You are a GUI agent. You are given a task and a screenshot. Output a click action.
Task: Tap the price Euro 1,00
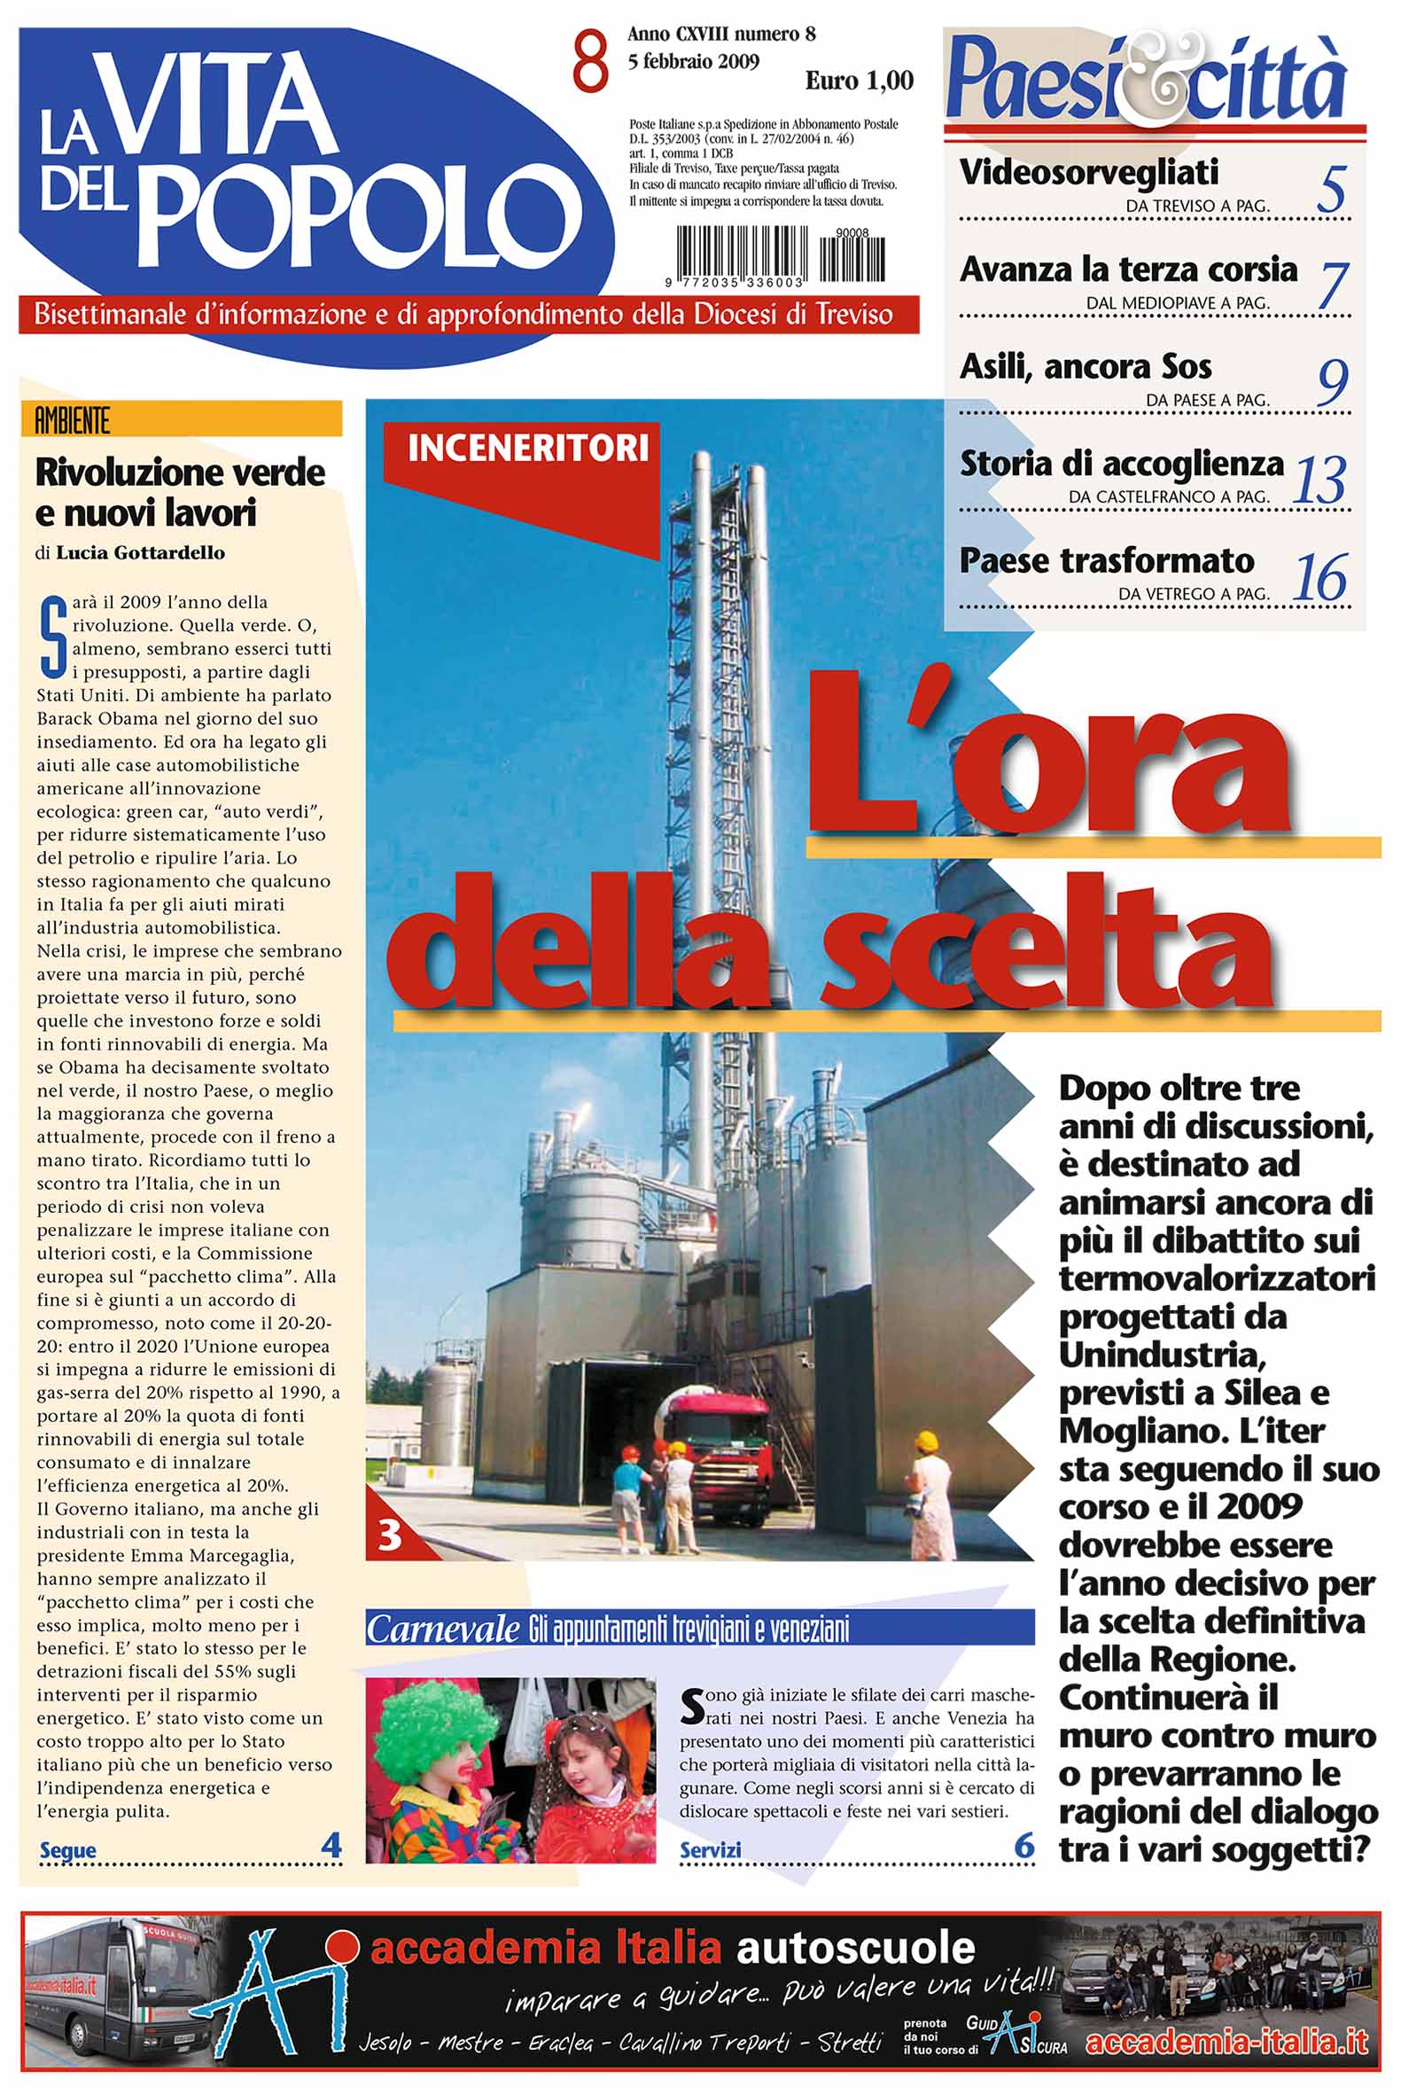pos(859,82)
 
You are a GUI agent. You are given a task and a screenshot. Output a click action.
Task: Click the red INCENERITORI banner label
pos(527,448)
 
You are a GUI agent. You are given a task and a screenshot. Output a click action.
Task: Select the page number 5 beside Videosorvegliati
pos(1330,189)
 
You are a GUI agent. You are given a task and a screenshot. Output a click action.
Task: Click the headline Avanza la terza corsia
pos(1127,269)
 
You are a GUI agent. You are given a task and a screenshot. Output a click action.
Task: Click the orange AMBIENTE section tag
pos(73,420)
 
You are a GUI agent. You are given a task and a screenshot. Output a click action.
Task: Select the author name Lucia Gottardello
pos(140,553)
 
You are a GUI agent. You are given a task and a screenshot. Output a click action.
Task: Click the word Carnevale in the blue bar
pos(443,1630)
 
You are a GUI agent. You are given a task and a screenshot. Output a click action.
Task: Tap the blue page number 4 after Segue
pos(331,1845)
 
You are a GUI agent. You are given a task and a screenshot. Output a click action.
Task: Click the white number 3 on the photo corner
pos(390,1535)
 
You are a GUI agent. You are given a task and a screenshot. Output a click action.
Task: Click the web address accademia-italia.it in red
pos(1226,2042)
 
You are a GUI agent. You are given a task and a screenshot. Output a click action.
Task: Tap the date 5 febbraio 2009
pos(693,62)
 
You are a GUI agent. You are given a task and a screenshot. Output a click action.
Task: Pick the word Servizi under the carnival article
pos(711,1849)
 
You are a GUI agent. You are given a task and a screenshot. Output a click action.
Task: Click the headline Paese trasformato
pos(1107,561)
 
